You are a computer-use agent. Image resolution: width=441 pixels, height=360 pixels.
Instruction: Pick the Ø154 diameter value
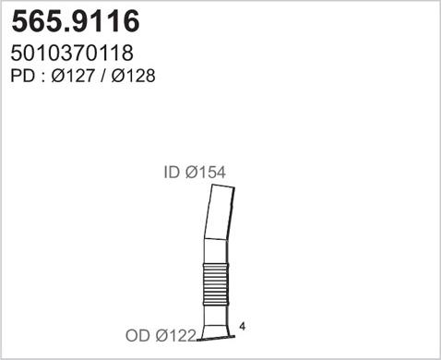point(204,172)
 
